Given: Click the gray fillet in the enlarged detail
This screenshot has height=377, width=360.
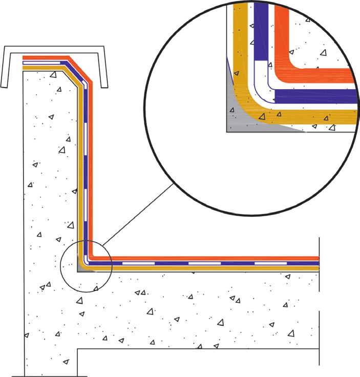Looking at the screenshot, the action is pyautogui.click(x=241, y=121).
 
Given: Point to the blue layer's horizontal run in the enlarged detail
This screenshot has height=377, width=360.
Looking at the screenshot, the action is pyautogui.click(x=317, y=95).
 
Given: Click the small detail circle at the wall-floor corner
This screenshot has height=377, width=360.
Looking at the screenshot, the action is pyautogui.click(x=86, y=265).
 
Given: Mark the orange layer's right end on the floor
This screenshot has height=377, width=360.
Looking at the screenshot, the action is pyautogui.click(x=317, y=258).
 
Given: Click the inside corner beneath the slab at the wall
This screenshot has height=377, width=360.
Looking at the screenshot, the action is pyautogui.click(x=78, y=350).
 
